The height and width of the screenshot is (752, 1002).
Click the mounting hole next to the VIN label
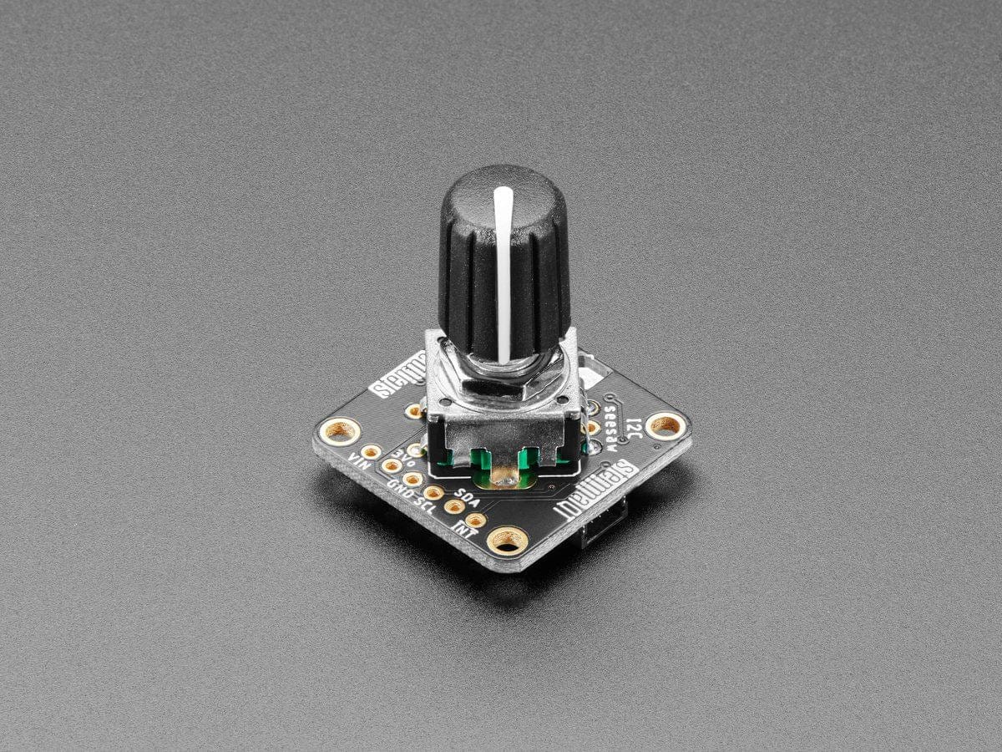(341, 431)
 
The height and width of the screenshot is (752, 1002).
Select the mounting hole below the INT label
(506, 541)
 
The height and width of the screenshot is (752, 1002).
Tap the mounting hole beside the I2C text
(665, 425)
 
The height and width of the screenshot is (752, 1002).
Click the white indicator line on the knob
(504, 267)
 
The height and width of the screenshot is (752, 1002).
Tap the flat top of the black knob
(501, 184)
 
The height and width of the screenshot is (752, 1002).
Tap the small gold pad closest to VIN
(371, 452)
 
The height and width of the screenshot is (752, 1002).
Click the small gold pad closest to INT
(475, 521)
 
